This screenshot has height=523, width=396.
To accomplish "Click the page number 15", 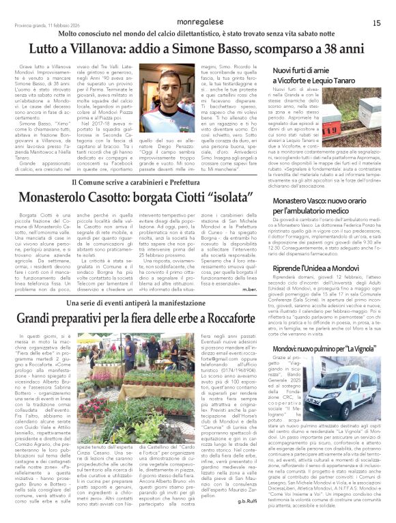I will click(376, 23).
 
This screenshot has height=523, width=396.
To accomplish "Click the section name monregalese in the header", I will click(198, 22).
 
